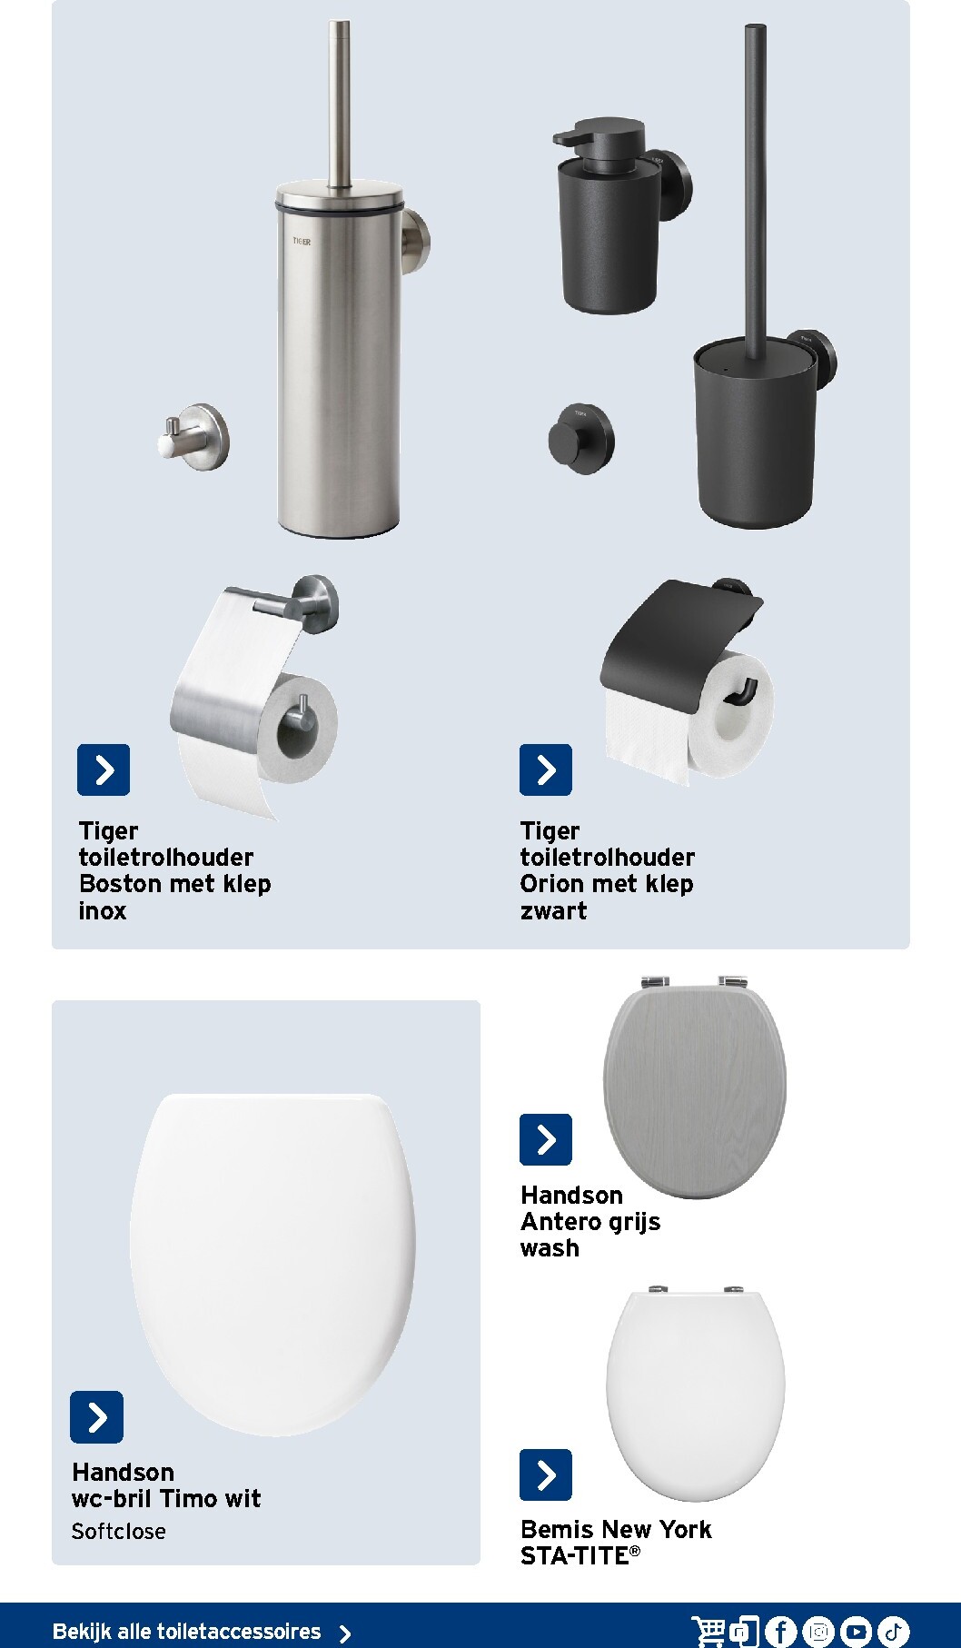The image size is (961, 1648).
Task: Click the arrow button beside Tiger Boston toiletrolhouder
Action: (x=104, y=769)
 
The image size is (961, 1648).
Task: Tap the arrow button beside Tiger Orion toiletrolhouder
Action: (x=546, y=769)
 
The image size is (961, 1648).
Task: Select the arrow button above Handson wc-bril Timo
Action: (x=96, y=1416)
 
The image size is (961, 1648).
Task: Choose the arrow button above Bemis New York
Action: (x=546, y=1474)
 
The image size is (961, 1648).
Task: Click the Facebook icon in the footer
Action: (x=780, y=1632)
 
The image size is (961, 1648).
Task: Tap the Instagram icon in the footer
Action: (x=818, y=1632)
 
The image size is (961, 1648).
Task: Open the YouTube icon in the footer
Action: (x=856, y=1632)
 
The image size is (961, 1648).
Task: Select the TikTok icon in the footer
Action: (x=894, y=1632)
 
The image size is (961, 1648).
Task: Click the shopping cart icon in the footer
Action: (x=708, y=1631)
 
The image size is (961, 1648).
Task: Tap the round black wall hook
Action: (x=581, y=438)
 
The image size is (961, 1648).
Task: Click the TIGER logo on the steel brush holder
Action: (x=302, y=242)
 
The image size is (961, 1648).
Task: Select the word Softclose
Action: (x=119, y=1531)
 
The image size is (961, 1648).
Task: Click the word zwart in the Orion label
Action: (x=553, y=910)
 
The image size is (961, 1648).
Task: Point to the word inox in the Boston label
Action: (x=103, y=910)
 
